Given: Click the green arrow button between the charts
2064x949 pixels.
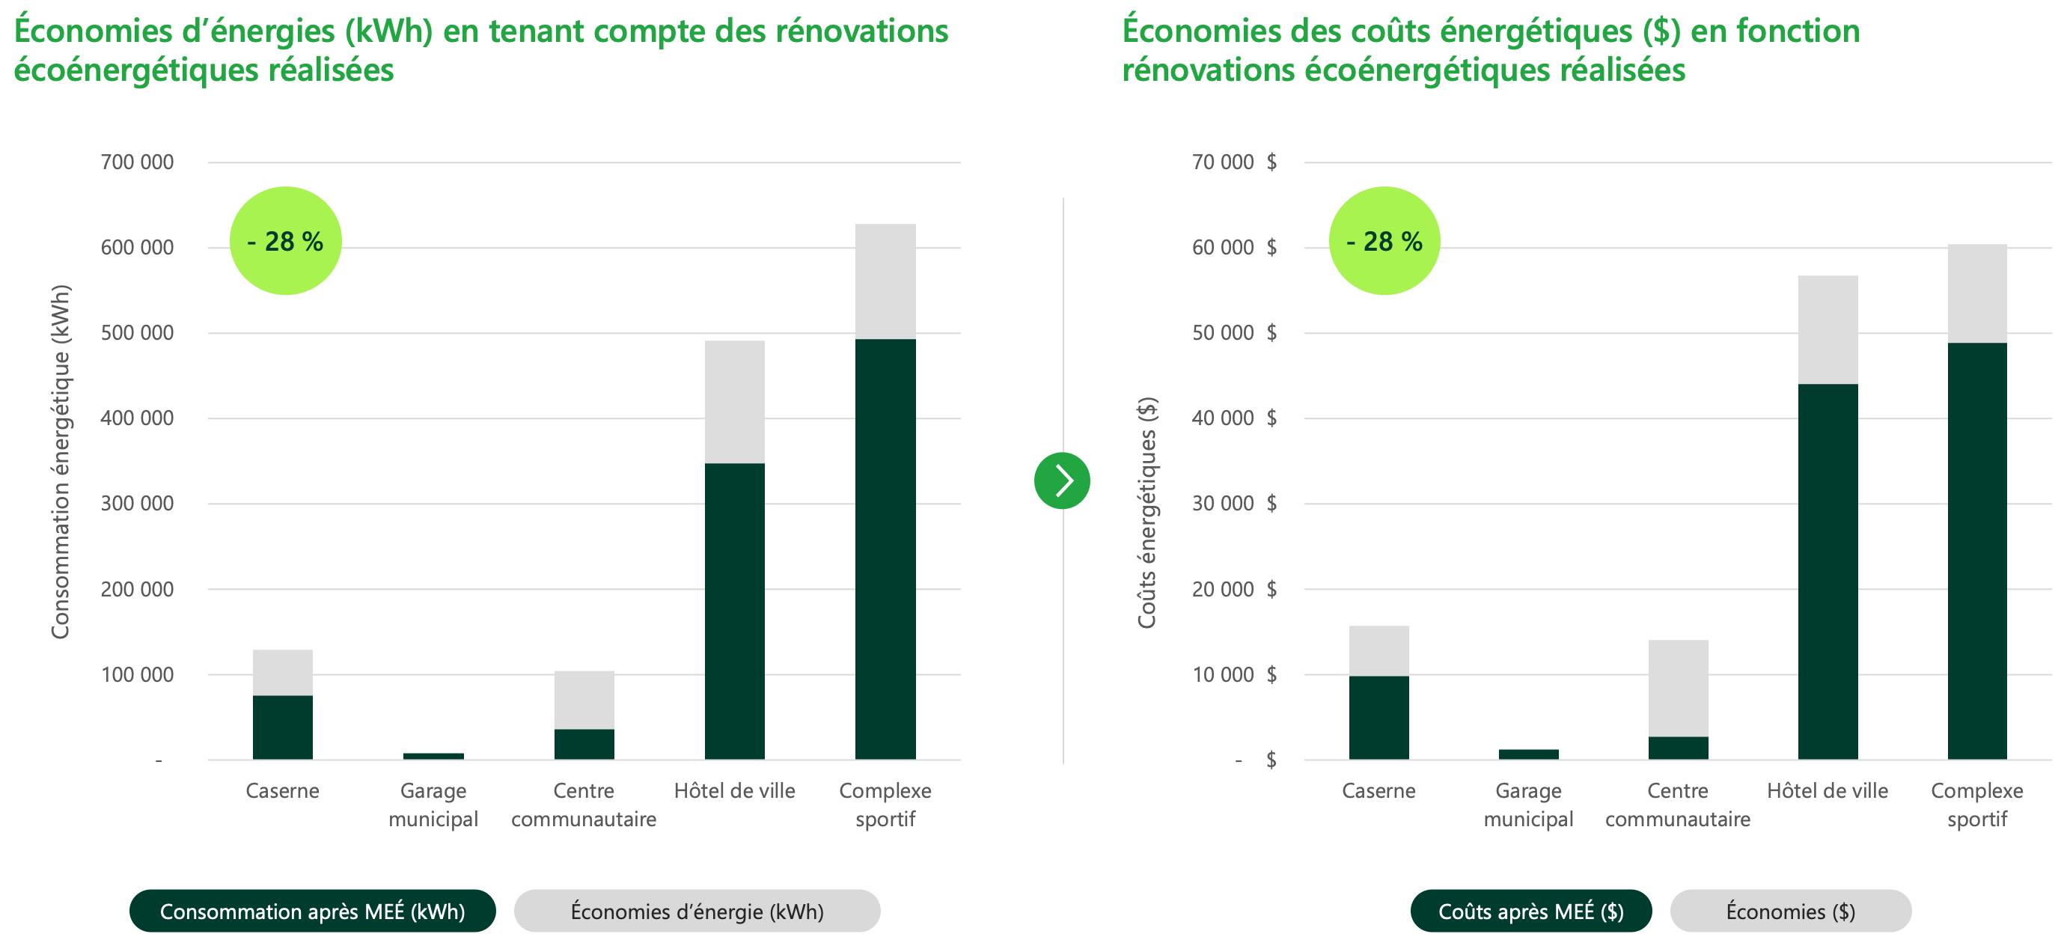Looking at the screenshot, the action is click(x=1062, y=481).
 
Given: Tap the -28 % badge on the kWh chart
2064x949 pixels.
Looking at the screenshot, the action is click(x=286, y=240).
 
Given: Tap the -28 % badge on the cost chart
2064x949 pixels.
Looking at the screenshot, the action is click(x=1384, y=240).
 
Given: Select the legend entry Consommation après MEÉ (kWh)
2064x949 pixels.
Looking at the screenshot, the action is click(x=313, y=911).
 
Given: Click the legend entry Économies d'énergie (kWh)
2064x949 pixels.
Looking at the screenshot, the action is click(x=697, y=911).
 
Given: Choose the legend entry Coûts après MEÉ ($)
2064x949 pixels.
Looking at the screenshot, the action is click(x=1531, y=911).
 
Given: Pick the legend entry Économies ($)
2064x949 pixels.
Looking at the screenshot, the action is click(x=1791, y=911).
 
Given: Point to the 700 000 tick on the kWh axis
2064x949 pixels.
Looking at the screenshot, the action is click(x=137, y=162).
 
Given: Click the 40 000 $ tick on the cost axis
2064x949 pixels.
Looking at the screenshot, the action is click(x=1234, y=418).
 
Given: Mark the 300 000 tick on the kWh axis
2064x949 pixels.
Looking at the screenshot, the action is click(x=137, y=504).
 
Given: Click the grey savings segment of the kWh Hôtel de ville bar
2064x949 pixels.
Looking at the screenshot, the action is click(x=735, y=403).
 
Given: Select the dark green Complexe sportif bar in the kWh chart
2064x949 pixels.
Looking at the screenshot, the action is click(x=885, y=549).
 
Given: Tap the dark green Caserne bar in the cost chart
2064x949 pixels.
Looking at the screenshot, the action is click(x=1379, y=717).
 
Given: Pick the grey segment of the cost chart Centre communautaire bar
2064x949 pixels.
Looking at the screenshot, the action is click(x=1679, y=688).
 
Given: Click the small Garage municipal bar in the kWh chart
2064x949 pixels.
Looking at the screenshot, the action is click(x=433, y=756).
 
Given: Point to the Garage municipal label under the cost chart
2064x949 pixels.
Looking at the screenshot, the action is click(x=1529, y=805).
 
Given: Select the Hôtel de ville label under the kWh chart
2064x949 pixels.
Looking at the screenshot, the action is click(x=735, y=791).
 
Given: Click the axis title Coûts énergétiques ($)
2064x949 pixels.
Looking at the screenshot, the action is click(x=1147, y=513).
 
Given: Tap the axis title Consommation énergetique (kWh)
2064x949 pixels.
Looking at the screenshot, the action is click(x=61, y=462).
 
